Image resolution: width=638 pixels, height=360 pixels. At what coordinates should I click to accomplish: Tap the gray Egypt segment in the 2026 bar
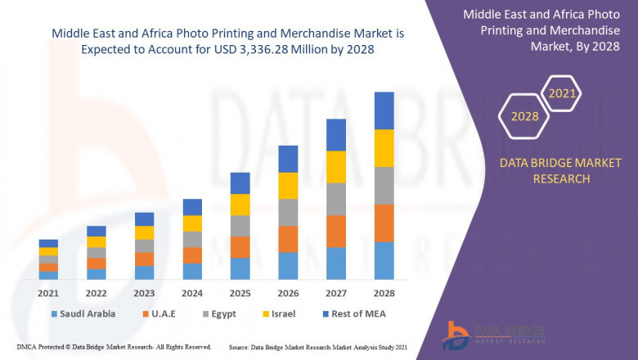tap(287, 212)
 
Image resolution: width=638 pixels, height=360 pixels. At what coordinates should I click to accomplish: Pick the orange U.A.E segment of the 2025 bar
tap(240, 247)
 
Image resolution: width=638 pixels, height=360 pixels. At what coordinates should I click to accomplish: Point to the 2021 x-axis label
tap(48, 293)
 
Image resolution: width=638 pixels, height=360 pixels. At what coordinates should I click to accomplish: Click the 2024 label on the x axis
tap(191, 293)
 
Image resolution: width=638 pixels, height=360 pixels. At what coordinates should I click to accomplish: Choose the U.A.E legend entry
tap(159, 313)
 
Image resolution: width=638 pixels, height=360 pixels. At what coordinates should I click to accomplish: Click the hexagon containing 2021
tap(562, 93)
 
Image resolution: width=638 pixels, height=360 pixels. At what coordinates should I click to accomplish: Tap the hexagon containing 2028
tap(525, 116)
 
